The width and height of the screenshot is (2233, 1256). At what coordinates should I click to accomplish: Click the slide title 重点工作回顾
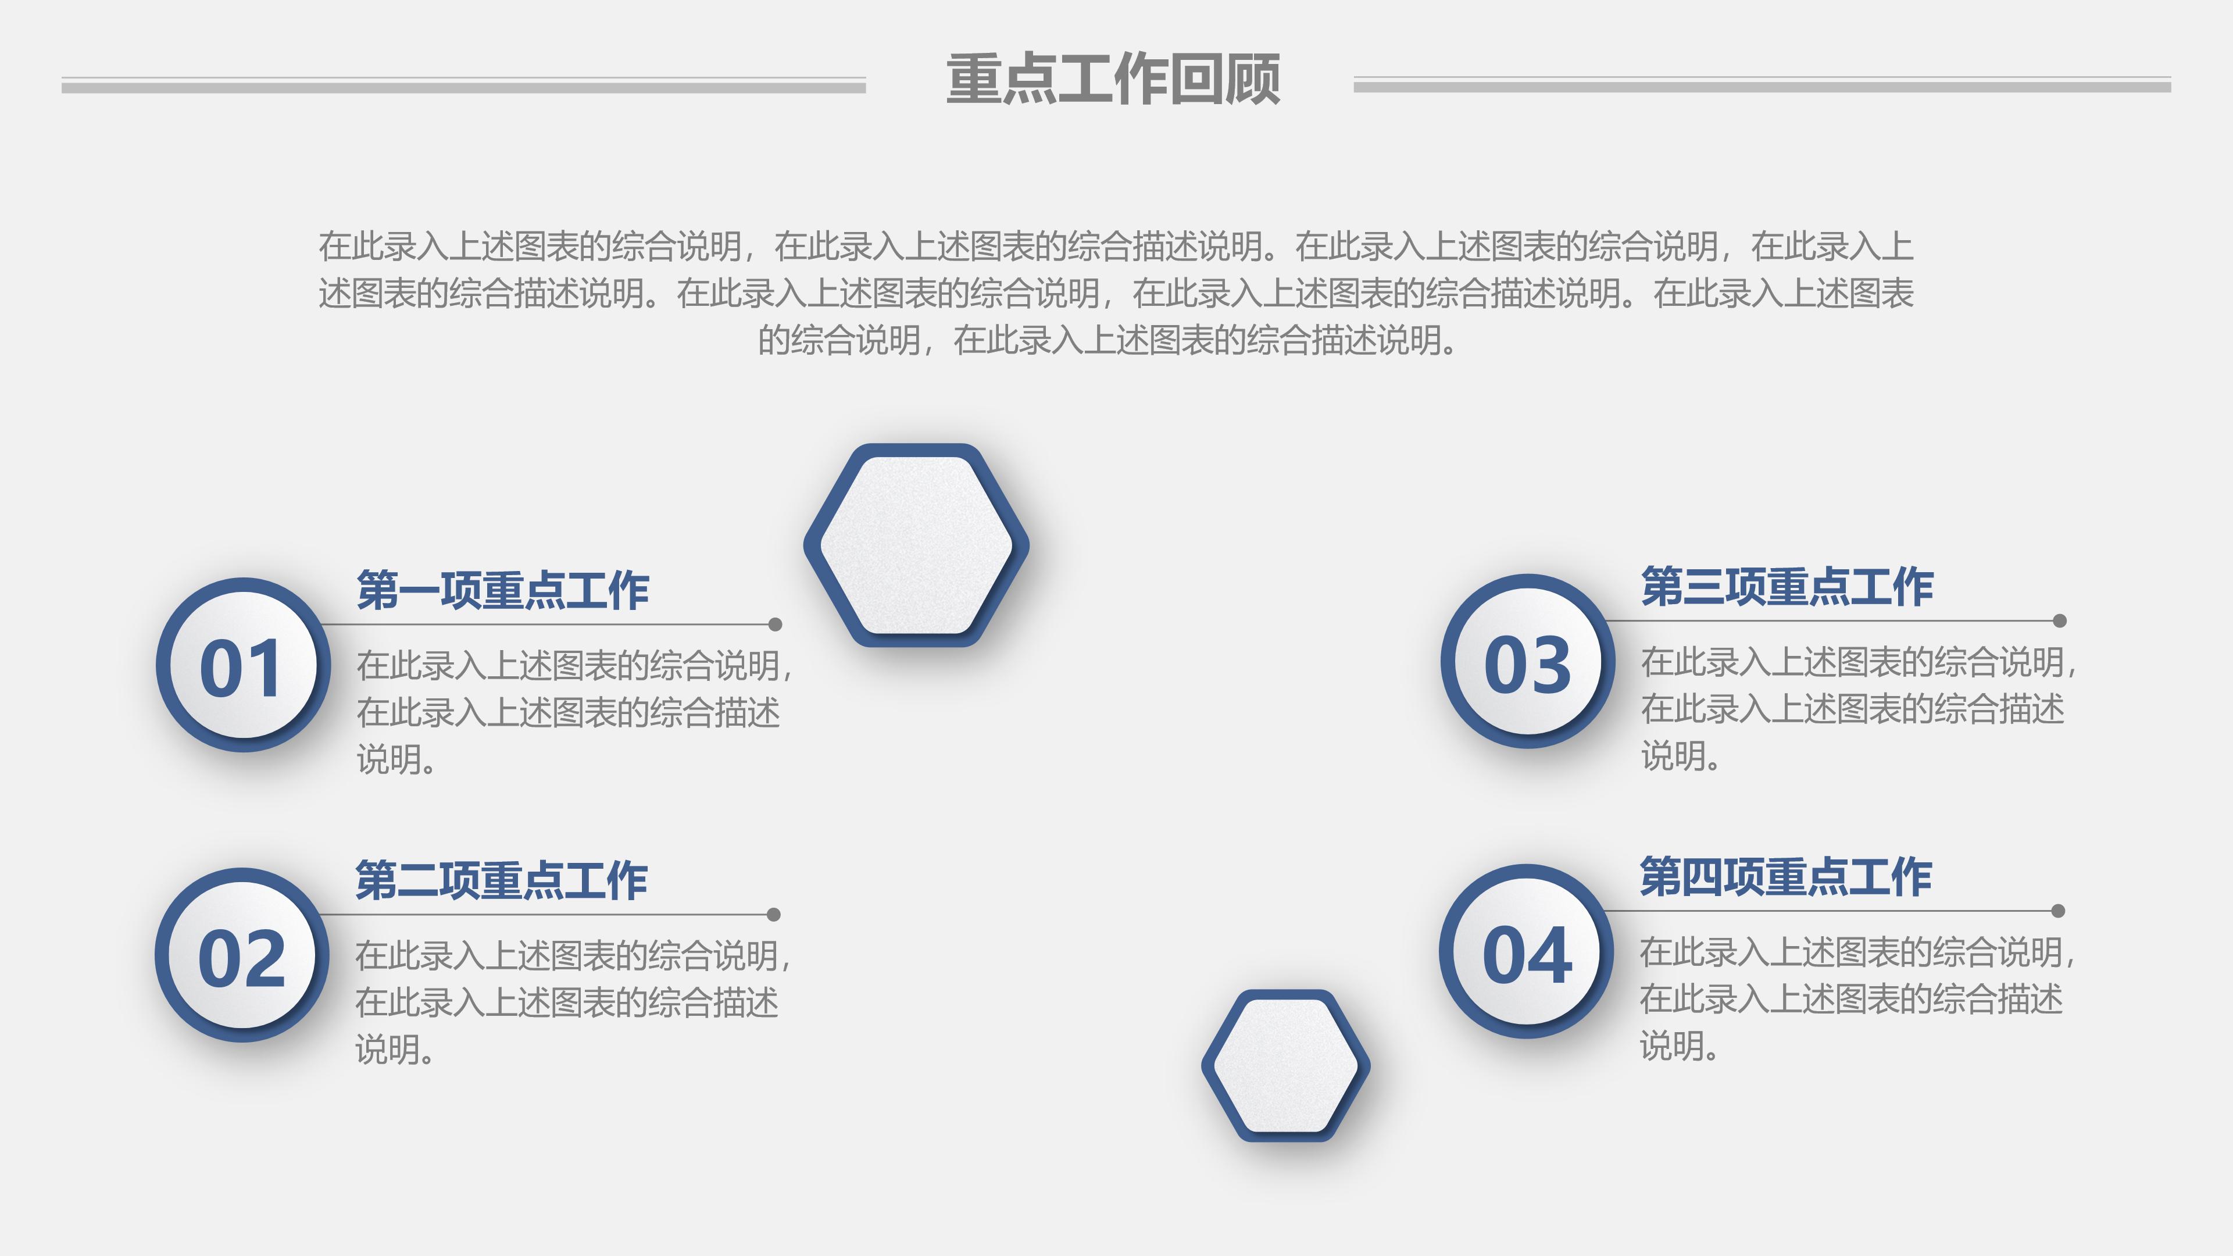1113,79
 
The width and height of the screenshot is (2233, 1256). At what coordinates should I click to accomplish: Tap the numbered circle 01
243,665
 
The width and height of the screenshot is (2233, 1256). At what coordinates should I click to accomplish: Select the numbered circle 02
242,955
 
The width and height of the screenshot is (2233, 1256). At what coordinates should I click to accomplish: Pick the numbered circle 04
1527,952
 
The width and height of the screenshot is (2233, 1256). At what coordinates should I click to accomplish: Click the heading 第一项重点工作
503,590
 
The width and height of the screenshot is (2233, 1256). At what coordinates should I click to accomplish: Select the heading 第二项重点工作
501,881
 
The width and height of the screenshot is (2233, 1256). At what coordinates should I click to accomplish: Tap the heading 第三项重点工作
1787,587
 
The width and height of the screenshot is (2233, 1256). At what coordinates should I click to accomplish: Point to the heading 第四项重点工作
1786,877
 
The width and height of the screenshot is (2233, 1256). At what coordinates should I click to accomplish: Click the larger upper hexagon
916,545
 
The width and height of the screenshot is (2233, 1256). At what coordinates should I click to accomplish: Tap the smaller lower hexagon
1285,1065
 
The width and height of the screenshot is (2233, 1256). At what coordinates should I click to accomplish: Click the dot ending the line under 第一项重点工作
775,624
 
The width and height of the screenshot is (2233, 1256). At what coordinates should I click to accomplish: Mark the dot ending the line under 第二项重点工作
773,915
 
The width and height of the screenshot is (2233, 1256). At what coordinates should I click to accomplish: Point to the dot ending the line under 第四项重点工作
2058,911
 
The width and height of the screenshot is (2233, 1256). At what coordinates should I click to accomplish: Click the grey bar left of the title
464,86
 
